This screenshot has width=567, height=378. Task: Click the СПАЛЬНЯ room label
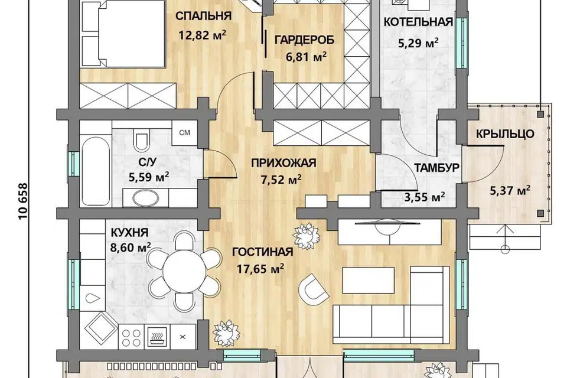203,17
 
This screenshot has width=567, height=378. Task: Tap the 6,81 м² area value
307,57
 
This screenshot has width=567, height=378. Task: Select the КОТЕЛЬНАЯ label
418,22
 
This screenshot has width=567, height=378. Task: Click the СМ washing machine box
184,133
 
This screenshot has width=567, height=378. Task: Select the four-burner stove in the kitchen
131,337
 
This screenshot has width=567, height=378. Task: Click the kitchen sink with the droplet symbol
93,298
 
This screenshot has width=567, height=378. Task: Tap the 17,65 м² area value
260,269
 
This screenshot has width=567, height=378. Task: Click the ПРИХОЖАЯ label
284,163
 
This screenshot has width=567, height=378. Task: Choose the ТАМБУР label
437,168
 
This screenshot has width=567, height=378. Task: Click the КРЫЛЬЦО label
505,134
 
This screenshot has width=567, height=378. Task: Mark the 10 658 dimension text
23,202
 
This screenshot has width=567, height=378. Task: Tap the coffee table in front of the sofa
368,280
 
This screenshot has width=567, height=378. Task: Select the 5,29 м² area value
418,43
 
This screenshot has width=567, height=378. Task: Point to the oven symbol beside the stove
158,337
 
